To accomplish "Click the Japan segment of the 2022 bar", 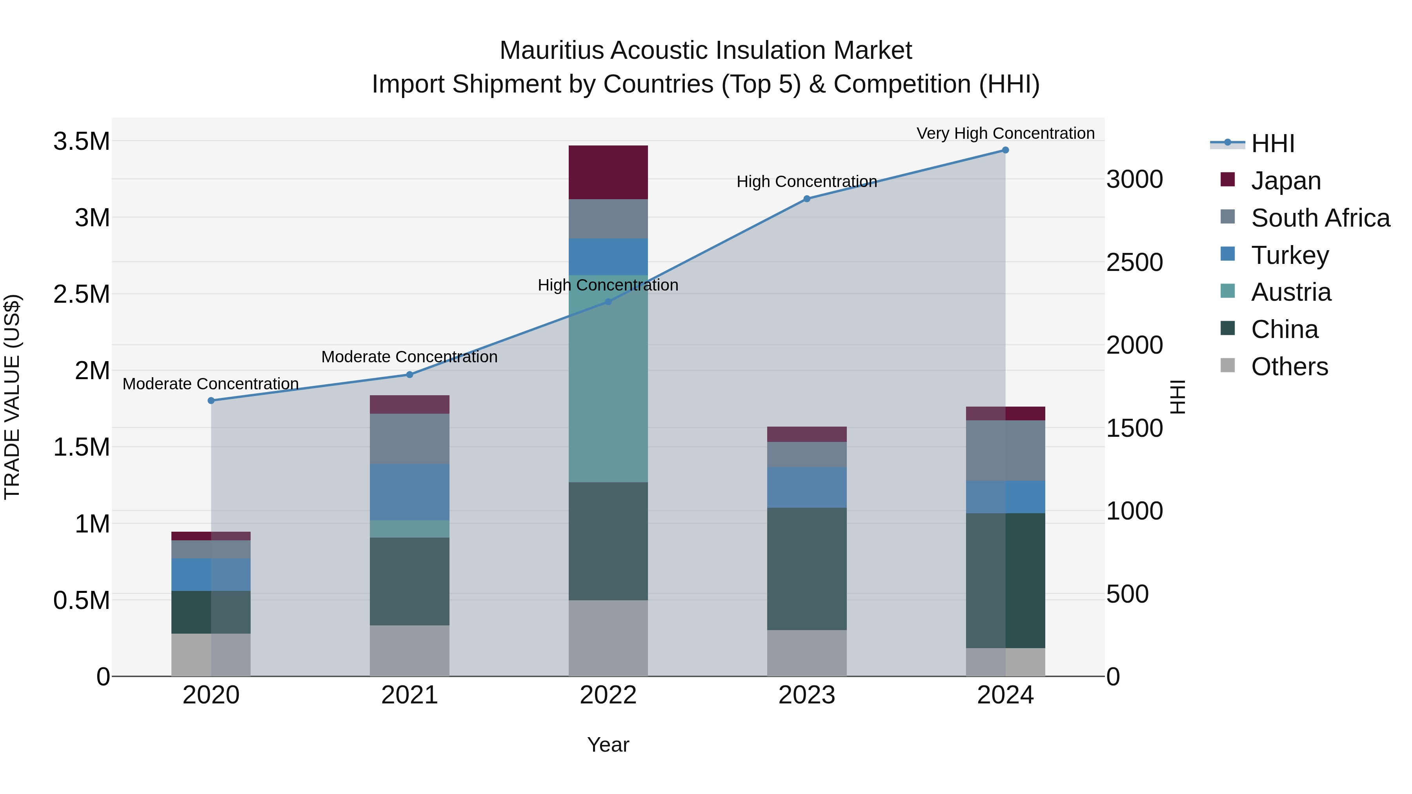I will click(x=608, y=172).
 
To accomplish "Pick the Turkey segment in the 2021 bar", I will click(x=409, y=492).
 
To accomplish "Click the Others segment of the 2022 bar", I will click(x=608, y=638).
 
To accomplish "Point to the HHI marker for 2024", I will click(x=1005, y=150).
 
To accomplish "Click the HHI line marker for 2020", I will click(x=211, y=401).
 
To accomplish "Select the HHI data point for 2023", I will click(x=806, y=199).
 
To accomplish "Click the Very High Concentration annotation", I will click(x=1005, y=133).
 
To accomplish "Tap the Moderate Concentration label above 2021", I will click(x=409, y=357).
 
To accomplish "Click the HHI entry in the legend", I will click(x=1273, y=144).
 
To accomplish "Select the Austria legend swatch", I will click(x=1228, y=291).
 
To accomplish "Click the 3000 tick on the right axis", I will click(x=1134, y=180).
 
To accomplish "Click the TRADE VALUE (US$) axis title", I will click(x=12, y=397).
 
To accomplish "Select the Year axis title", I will click(x=608, y=745).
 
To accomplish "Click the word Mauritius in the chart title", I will click(x=551, y=51).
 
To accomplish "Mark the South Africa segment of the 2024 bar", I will click(x=1005, y=451).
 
